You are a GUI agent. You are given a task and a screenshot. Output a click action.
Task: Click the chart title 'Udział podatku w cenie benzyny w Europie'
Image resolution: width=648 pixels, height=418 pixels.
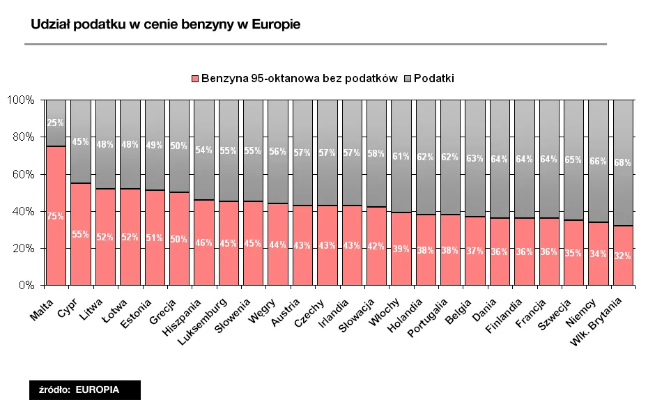click(x=166, y=25)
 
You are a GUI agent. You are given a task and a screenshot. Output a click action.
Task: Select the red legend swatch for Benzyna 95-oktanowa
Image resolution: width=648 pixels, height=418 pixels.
click(x=195, y=79)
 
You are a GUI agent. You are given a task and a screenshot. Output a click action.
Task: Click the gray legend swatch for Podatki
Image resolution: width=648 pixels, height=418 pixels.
click(x=407, y=79)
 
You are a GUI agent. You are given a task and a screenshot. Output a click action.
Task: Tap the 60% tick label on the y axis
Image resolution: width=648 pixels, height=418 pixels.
click(x=22, y=174)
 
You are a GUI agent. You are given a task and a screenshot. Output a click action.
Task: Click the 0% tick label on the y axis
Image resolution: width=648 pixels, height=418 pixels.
click(x=26, y=285)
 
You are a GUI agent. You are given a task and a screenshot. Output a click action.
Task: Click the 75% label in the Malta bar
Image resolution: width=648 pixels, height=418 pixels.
click(x=56, y=217)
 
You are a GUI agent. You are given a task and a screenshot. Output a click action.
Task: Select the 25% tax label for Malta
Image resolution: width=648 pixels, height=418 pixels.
click(x=56, y=123)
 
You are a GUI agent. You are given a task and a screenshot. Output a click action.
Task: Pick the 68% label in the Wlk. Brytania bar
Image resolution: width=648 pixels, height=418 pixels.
click(x=622, y=163)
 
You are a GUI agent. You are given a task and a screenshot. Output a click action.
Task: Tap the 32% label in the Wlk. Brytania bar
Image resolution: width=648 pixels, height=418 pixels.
click(x=622, y=256)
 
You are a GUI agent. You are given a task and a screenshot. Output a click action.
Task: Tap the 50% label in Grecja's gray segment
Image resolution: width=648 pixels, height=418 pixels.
click(x=179, y=146)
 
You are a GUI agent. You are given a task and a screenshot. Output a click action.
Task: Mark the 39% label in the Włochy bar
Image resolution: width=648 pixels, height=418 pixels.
click(x=401, y=249)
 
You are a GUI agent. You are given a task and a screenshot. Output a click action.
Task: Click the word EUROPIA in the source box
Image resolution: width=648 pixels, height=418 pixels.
click(x=97, y=390)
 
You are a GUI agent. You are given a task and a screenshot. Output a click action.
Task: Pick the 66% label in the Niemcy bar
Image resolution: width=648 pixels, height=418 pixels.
click(x=598, y=162)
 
